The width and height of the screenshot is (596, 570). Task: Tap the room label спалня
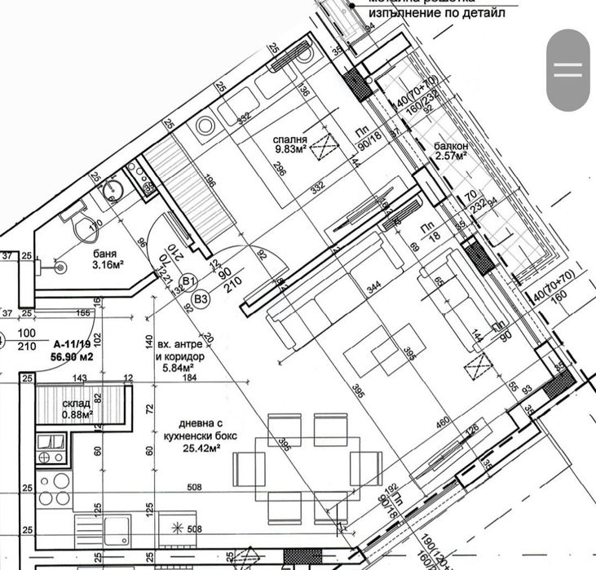pyautogui.click(x=290, y=139)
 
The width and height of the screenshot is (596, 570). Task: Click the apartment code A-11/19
pyautogui.click(x=71, y=344)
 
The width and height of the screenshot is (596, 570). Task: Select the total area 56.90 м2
pyautogui.click(x=71, y=356)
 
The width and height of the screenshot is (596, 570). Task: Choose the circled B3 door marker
pyautogui.click(x=201, y=298)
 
